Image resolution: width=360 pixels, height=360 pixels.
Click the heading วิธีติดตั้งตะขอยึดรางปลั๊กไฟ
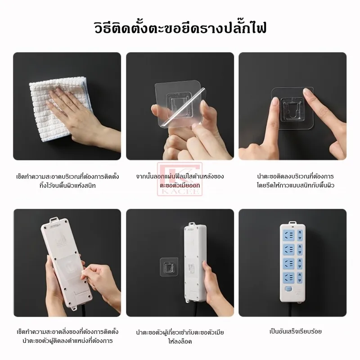click(180, 28)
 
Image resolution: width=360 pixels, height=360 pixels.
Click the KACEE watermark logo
click(180, 179)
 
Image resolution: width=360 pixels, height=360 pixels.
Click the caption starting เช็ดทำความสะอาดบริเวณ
click(67, 181)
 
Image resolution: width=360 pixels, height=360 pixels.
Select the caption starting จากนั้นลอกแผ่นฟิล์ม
click(180, 181)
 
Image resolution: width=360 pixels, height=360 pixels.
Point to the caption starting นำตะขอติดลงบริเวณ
click(295, 181)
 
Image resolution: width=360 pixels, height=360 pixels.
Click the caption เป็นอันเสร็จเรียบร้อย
click(296, 331)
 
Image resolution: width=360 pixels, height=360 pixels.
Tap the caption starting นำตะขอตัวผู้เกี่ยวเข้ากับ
click(180, 337)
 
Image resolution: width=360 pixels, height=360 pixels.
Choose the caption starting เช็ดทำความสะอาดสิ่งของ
click(67, 336)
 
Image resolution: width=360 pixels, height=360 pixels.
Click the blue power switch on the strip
click(288, 289)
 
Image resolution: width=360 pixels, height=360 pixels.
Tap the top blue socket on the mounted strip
click(288, 235)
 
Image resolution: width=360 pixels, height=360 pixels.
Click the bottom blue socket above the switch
click(288, 277)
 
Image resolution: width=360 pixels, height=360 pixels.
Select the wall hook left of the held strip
click(169, 267)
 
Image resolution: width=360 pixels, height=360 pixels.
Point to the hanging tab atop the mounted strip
click(292, 223)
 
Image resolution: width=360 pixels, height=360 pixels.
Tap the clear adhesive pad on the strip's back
click(69, 267)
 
